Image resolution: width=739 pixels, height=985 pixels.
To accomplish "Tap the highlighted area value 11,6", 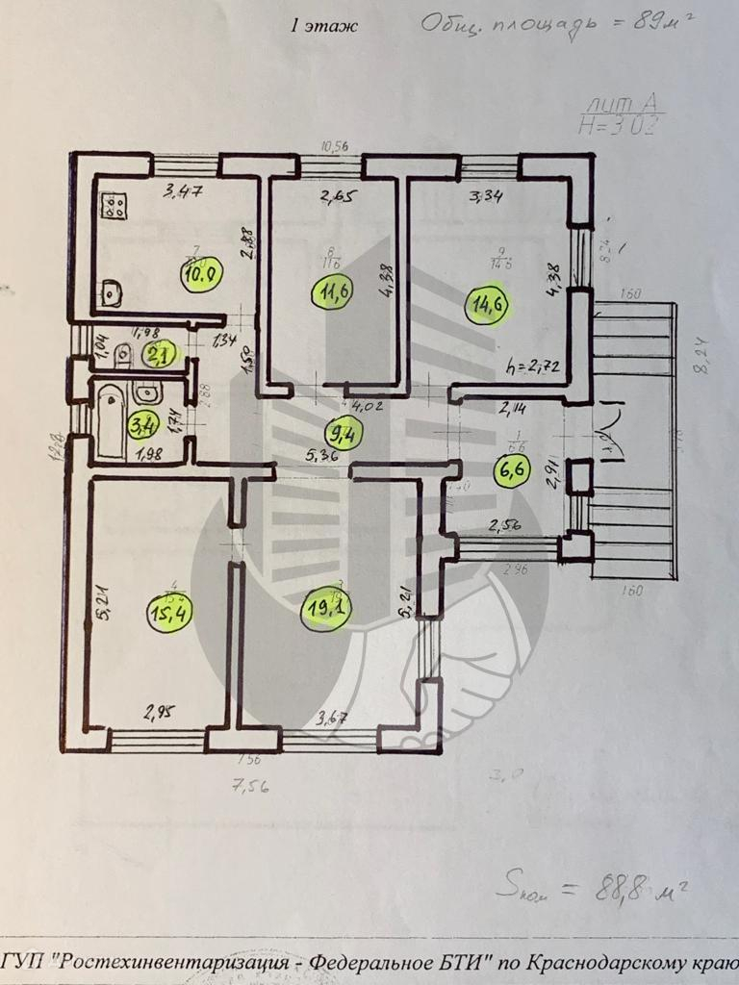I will (x=333, y=288).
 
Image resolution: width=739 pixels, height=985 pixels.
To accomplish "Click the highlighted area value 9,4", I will (x=344, y=432).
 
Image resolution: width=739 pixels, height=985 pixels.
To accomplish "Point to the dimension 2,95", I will (x=161, y=714).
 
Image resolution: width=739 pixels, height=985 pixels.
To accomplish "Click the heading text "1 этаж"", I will (x=323, y=26).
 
